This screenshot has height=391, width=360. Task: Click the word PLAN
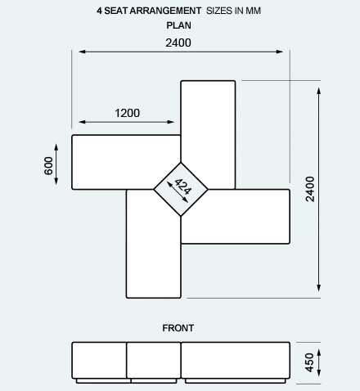(178, 25)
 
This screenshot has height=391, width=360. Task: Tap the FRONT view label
(178, 328)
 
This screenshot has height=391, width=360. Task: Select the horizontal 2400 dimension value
(178, 43)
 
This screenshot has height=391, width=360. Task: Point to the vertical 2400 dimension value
(310, 189)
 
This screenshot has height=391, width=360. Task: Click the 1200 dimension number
(127, 113)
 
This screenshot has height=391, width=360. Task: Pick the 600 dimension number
(48, 165)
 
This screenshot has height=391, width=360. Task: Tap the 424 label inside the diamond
(183, 187)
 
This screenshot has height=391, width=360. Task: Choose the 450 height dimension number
(309, 362)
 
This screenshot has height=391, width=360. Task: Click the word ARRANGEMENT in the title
(165, 11)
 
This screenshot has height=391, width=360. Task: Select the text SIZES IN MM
(233, 11)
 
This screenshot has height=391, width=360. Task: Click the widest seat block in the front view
(236, 361)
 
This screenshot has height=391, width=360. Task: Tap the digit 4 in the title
(99, 11)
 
